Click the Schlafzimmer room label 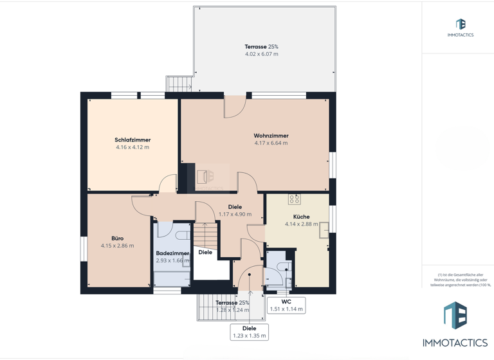pyautogui.click(x=133, y=139)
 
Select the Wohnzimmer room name pyautogui.click(x=271, y=136)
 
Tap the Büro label pyautogui.click(x=117, y=238)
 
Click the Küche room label pyautogui.click(x=301, y=217)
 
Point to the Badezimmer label pyautogui.click(x=172, y=253)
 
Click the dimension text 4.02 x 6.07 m pyautogui.click(x=262, y=55)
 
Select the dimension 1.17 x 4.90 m pyautogui.click(x=235, y=214)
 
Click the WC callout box pyautogui.click(x=286, y=305)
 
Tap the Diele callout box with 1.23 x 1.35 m pyautogui.click(x=249, y=332)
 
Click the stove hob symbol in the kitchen pyautogui.click(x=295, y=199)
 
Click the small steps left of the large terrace pyautogui.click(x=179, y=84)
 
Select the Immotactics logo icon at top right pyautogui.click(x=460, y=24)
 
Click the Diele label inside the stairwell pyautogui.click(x=205, y=253)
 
